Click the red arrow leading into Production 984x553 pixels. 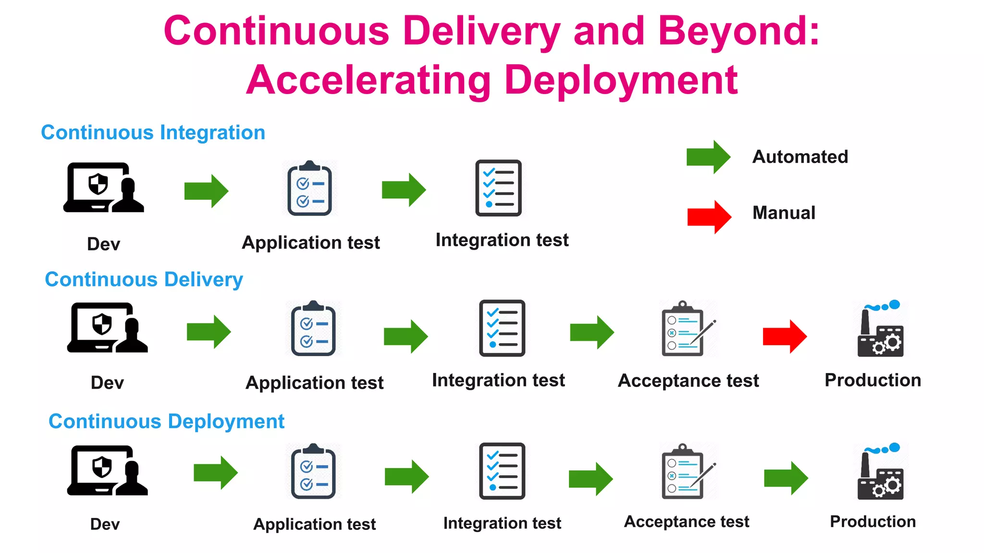(x=784, y=337)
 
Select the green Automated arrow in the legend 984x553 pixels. (x=708, y=157)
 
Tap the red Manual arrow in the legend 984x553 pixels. (x=709, y=217)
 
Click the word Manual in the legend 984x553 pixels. (x=784, y=213)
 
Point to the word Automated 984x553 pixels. (x=800, y=157)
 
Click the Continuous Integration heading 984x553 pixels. (x=153, y=132)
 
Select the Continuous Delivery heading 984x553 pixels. (x=144, y=279)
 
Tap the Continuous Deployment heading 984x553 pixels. (x=166, y=421)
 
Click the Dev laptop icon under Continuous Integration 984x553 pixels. (x=104, y=188)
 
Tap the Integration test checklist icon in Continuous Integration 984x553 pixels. (x=498, y=188)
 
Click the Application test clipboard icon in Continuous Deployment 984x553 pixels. (x=313, y=471)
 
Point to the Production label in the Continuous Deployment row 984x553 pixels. (x=873, y=521)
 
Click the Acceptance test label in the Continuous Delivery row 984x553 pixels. (x=688, y=381)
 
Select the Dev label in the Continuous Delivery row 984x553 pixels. (x=107, y=383)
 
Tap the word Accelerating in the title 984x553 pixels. (x=369, y=80)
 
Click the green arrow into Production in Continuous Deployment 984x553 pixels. (x=786, y=478)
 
